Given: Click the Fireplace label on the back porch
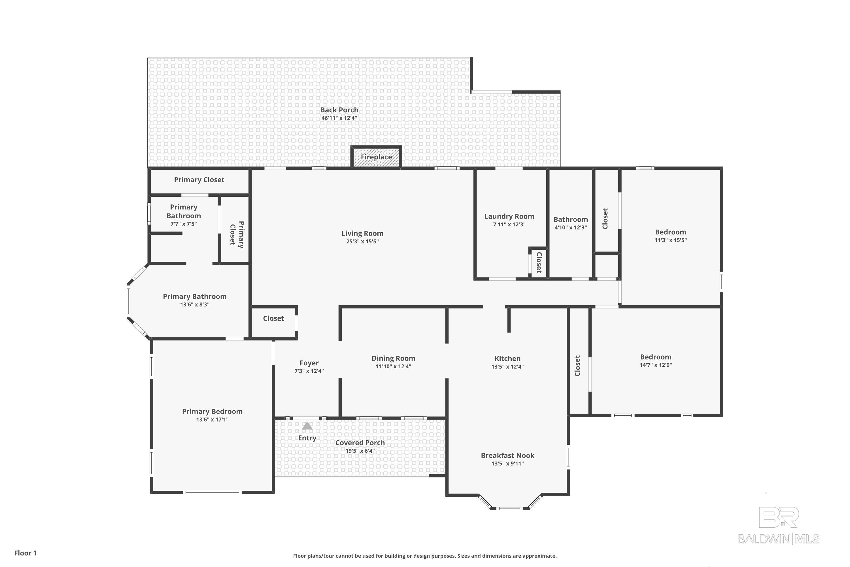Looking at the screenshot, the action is tap(376, 157).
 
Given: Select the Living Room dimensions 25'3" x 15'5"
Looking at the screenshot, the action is tap(362, 242).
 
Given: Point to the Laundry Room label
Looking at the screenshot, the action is tap(509, 216).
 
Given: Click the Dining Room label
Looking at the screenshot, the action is tap(393, 358).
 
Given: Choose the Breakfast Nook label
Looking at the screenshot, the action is tap(507, 455).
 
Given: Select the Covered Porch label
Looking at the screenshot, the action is tap(360, 443).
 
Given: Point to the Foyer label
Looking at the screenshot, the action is tap(309, 363).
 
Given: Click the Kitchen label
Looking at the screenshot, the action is tap(507, 358).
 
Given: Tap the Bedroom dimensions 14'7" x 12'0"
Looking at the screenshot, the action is tap(656, 365).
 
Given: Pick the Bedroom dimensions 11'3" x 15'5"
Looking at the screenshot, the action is tap(670, 240).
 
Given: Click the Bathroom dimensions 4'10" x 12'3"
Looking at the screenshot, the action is tap(571, 227).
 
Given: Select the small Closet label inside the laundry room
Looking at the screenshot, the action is tap(539, 263).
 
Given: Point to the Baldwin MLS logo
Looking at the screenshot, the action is tap(779, 525).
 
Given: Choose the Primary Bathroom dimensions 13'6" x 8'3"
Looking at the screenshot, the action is tap(195, 304).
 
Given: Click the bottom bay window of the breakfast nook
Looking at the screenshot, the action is tap(509, 508).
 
